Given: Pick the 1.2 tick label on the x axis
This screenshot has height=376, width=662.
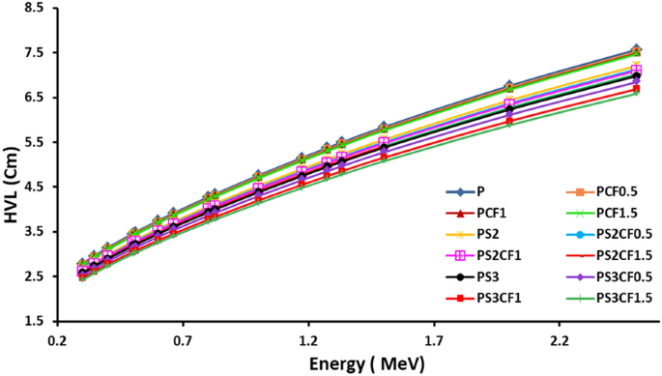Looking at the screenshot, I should [308, 341].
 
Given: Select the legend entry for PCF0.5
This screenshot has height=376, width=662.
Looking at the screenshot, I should [597, 192].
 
